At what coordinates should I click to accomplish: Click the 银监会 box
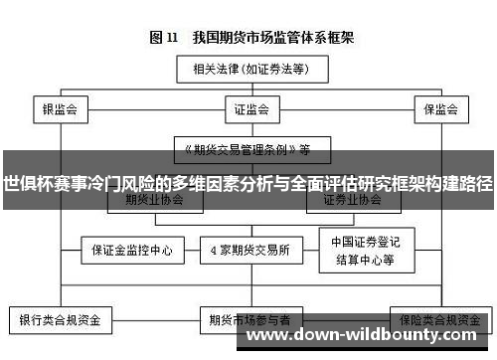[60, 110]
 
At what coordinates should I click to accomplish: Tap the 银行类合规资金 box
[60, 321]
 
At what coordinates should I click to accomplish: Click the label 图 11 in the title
[163, 39]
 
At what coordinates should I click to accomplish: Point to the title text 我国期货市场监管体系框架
[268, 39]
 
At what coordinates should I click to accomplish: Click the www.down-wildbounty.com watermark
[368, 335]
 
